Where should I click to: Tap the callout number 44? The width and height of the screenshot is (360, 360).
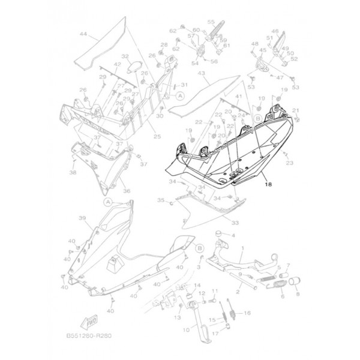(x=82, y=34)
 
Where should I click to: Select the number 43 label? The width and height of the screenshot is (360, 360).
(x=202, y=73)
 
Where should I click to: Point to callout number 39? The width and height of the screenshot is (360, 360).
(x=83, y=218)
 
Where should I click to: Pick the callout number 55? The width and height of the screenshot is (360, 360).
(x=211, y=22)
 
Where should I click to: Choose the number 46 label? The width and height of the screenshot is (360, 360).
(x=275, y=31)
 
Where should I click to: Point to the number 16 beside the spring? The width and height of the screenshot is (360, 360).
(x=247, y=313)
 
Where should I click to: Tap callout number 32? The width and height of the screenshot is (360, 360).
(x=125, y=57)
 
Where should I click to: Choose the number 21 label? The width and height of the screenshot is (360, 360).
(x=295, y=110)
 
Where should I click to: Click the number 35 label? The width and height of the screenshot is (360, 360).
(x=160, y=200)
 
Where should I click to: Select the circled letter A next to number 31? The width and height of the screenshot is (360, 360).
(x=179, y=96)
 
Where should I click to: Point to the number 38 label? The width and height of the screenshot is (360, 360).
(x=73, y=173)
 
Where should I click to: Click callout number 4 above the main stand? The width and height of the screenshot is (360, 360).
(x=233, y=235)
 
